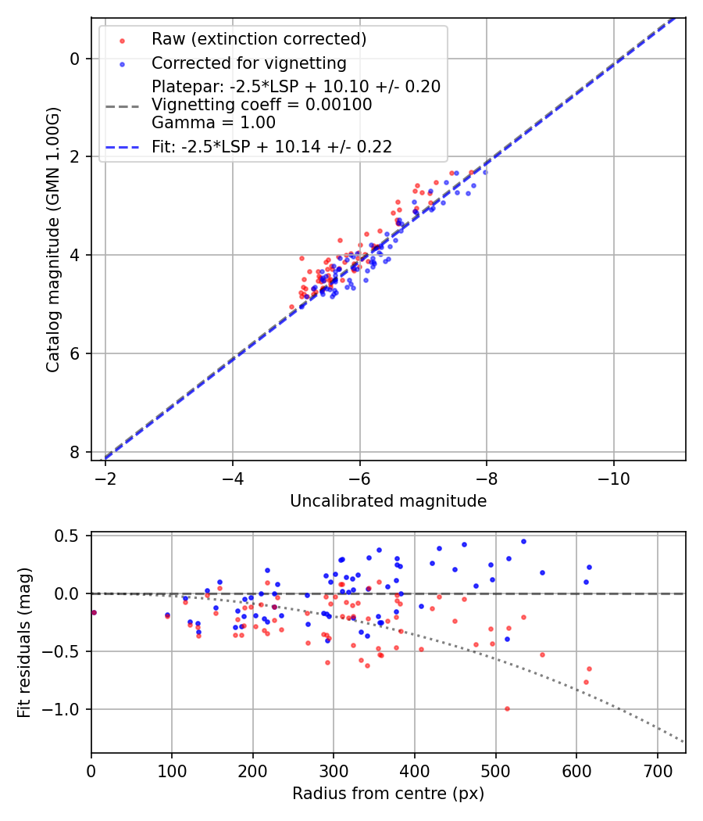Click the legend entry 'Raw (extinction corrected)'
[x=259, y=38]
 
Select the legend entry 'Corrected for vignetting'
[x=248, y=63]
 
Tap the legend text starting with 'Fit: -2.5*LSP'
[x=271, y=146]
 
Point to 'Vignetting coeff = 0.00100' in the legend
[x=262, y=105]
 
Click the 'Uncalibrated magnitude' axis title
[x=388, y=501]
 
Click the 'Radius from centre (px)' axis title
[x=388, y=794]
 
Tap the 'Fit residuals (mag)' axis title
[x=24, y=643]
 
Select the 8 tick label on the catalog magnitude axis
[x=74, y=452]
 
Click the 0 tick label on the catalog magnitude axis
[x=74, y=59]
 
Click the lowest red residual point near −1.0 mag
[x=507, y=708]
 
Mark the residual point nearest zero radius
[x=94, y=612]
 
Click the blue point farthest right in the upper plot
[x=485, y=172]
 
